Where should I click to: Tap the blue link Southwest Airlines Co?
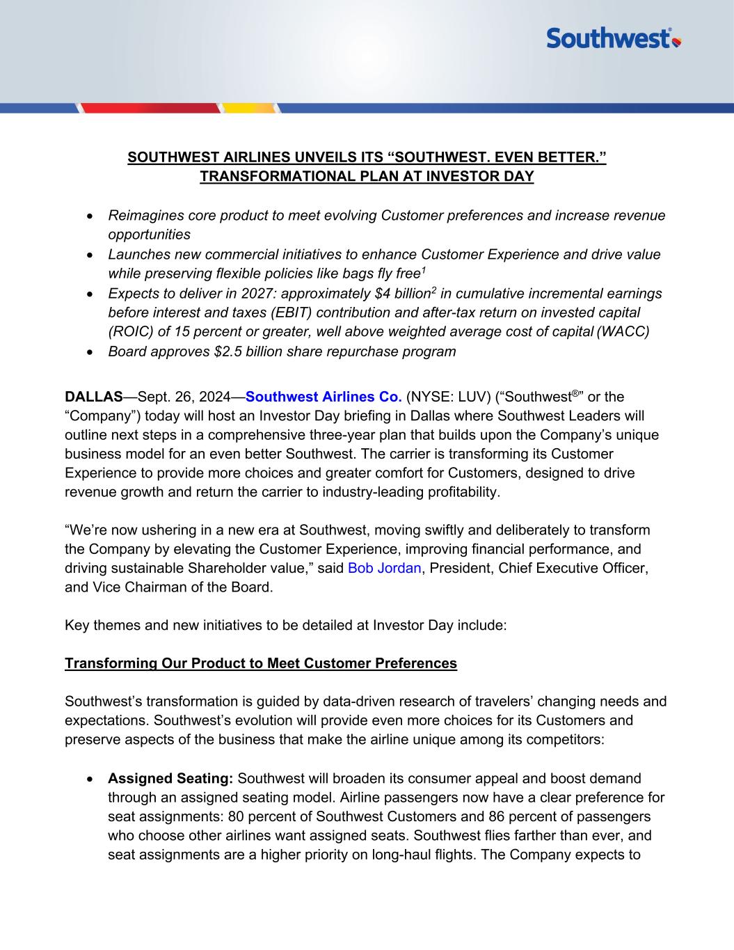coord(324,397)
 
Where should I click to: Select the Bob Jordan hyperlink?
coord(384,568)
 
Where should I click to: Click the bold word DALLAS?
coord(93,397)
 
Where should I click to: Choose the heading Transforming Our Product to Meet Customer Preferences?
coord(261,663)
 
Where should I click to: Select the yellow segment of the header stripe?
coord(250,108)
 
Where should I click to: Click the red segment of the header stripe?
coord(149,108)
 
